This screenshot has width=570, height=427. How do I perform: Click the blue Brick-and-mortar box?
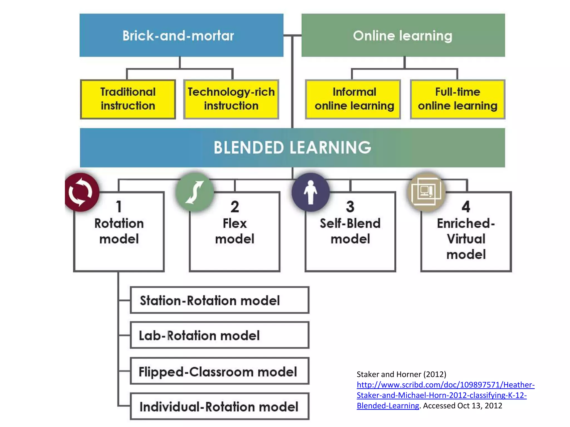click(x=181, y=35)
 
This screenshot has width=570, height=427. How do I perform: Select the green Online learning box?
click(x=403, y=35)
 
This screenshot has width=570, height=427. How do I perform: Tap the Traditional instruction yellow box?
click(x=128, y=99)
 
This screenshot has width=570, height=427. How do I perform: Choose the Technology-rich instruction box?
click(x=231, y=99)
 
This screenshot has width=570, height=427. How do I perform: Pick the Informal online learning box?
click(x=353, y=99)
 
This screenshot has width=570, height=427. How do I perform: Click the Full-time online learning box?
click(x=457, y=99)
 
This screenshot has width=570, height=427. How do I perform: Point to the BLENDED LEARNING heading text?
click(x=292, y=148)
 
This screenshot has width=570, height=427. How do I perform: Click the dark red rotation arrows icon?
click(x=81, y=192)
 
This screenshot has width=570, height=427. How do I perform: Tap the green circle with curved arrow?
click(x=195, y=192)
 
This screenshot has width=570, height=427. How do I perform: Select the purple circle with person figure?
click(x=311, y=192)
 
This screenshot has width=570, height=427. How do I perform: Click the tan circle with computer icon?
click(x=426, y=192)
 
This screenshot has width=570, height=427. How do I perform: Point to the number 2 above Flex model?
click(x=235, y=207)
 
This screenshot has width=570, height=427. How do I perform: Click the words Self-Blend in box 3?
click(x=350, y=224)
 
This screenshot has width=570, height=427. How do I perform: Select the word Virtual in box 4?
click(x=466, y=239)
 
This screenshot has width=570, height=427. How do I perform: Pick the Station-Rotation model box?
click(x=219, y=300)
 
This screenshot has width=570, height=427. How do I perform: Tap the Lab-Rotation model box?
click(x=219, y=335)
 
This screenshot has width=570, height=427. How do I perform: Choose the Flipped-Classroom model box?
click(x=219, y=371)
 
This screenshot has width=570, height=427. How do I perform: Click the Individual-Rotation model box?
click(x=219, y=406)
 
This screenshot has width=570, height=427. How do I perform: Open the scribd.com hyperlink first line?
click(x=445, y=385)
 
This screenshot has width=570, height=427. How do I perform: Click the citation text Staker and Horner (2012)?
click(x=401, y=374)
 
